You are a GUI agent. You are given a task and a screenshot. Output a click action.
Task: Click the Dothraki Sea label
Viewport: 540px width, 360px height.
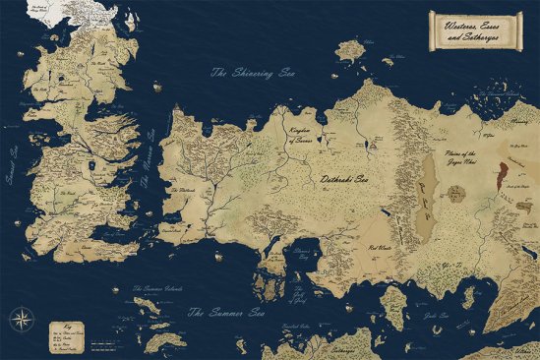pyautogui.click(x=344, y=181)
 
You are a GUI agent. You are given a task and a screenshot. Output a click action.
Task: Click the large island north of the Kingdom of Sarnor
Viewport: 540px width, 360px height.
pyautogui.click(x=349, y=48)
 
